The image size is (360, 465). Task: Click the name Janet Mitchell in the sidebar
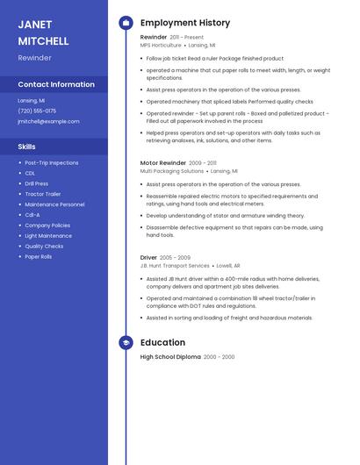(x=43, y=32)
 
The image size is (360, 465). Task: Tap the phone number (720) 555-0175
(x=37, y=111)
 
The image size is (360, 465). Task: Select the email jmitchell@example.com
(x=48, y=121)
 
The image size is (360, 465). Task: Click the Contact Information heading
(x=56, y=84)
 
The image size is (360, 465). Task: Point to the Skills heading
(x=27, y=147)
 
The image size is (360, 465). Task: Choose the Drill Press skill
(x=37, y=183)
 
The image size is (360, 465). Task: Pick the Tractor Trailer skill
(x=43, y=194)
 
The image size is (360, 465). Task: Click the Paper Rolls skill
(x=39, y=257)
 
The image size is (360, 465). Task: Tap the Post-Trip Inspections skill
(x=52, y=162)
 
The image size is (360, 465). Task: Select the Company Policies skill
(x=47, y=225)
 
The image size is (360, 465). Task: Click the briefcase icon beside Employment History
(x=126, y=23)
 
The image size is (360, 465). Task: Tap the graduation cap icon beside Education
(x=126, y=342)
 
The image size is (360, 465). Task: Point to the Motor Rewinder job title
(x=163, y=162)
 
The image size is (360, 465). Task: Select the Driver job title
(x=149, y=258)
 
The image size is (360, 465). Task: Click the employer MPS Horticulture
(x=160, y=45)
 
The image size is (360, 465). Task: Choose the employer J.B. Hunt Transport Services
(x=175, y=265)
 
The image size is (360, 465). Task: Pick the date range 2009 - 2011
(x=203, y=162)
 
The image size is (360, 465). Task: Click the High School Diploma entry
(x=170, y=357)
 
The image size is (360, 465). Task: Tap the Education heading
(x=162, y=342)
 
